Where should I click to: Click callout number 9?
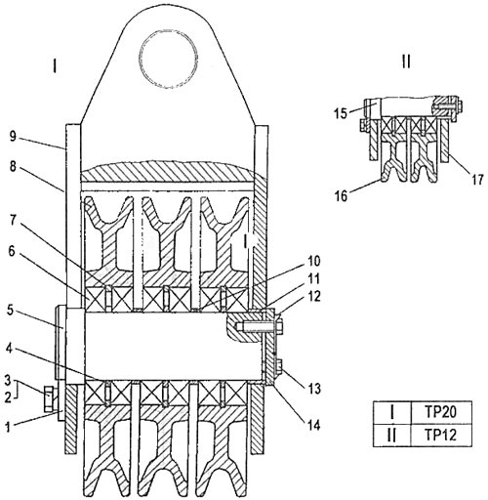click(x=13, y=136)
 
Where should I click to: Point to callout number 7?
click(x=13, y=221)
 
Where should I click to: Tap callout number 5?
click(x=11, y=310)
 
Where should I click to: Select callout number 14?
click(x=313, y=425)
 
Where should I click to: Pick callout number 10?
click(x=313, y=261)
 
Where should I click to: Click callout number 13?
click(x=313, y=388)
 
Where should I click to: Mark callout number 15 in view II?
click(x=341, y=113)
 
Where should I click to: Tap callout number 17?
click(x=477, y=180)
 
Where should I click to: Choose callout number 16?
click(x=342, y=196)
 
